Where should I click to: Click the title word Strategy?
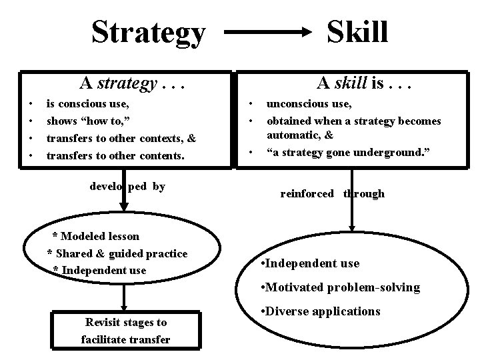tap(148, 32)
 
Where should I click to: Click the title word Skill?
tap(358, 31)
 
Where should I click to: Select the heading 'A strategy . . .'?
tap(131, 83)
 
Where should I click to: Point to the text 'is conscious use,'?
tap(87, 104)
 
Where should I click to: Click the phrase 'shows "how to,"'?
tap(87, 121)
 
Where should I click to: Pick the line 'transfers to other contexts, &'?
tap(120, 139)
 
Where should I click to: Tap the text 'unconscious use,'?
tap(309, 104)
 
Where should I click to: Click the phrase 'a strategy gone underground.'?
tap(348, 153)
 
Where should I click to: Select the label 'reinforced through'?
tap(332, 194)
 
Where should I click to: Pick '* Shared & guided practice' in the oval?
tap(117, 253)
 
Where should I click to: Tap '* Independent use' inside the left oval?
tap(99, 270)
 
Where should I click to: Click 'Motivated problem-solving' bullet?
tap(341, 287)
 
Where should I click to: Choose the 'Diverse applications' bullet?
tap(322, 311)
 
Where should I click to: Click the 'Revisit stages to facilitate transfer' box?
tap(125, 331)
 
